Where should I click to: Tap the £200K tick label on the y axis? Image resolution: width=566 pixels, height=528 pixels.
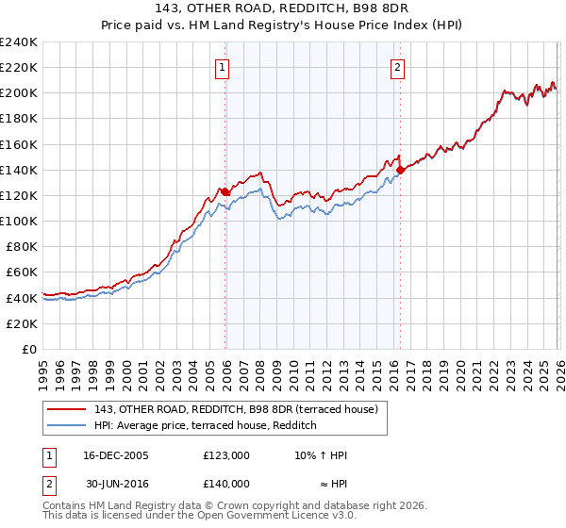(x=19, y=93)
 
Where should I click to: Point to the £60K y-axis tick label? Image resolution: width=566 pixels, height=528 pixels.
(x=21, y=272)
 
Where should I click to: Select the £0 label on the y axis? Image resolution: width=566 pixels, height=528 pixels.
(x=29, y=349)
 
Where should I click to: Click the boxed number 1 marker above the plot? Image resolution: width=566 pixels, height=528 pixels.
(x=222, y=67)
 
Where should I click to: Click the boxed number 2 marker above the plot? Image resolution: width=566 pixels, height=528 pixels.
(x=397, y=67)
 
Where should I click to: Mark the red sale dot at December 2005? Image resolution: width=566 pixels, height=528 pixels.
(x=225, y=191)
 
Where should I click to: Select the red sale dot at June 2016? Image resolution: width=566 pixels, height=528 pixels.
(x=400, y=170)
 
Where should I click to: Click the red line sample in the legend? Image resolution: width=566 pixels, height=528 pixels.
(x=67, y=408)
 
